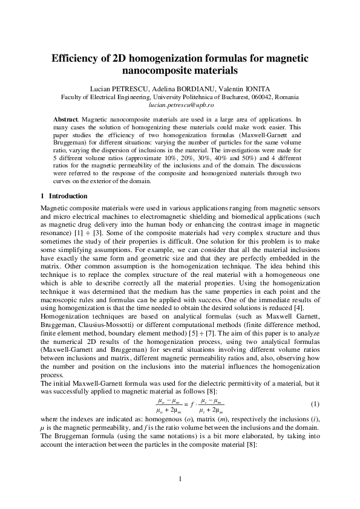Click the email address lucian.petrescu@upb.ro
click(180, 105)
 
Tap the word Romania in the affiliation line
click(284, 97)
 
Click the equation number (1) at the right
click(315, 403)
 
